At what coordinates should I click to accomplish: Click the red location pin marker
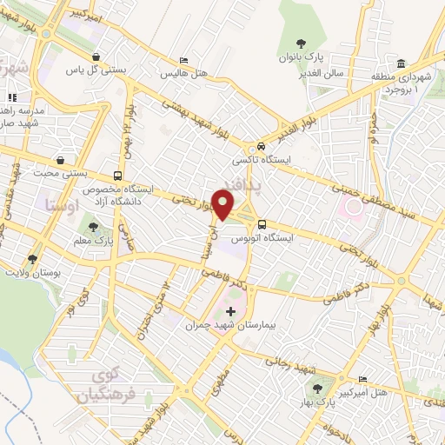coord(224,205)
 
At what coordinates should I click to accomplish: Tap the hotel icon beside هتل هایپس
coord(183,61)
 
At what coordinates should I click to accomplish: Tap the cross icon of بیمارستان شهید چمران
coord(230,310)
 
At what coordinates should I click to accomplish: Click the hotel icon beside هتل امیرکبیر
coord(362,378)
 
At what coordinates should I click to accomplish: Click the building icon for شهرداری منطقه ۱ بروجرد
coord(401,64)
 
